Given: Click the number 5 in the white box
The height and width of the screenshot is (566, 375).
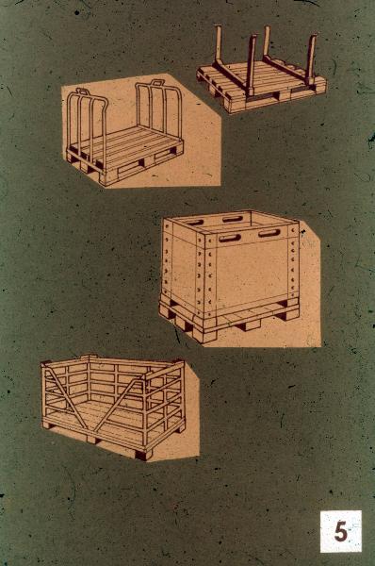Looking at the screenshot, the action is pos(340,531).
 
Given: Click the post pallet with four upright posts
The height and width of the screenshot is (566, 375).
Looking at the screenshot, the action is pos(261,73).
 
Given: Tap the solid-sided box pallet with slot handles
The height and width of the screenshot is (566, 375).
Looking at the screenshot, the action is pos(230,276).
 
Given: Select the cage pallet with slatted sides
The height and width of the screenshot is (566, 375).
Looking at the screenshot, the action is pos(113,407).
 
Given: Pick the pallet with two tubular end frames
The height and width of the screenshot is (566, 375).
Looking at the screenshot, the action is pos(124,135).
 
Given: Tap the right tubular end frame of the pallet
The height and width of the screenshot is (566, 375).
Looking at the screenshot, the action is pos(158,108).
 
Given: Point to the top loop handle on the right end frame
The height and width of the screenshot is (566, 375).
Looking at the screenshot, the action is pos(156,83).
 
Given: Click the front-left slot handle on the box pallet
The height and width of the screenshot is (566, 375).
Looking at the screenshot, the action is pos(230,238).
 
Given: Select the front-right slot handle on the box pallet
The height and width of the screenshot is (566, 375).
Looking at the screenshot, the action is pos(269,233).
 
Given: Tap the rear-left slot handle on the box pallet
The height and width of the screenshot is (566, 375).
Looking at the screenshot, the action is pos(194,223).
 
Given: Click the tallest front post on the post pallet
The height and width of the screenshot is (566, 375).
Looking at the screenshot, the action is pos(252,65).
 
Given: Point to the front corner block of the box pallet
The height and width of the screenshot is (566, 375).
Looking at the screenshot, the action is pos(204,336).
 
